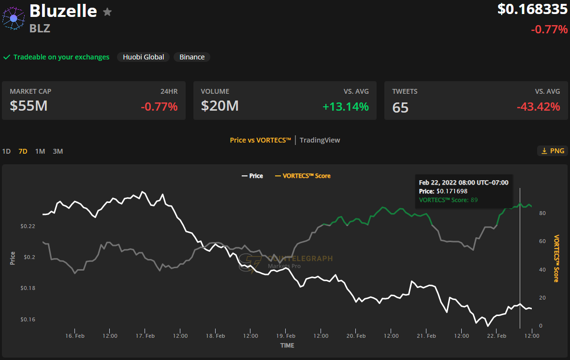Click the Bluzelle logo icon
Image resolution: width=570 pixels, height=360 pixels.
point(14,18)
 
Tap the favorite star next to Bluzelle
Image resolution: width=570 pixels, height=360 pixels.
point(107,12)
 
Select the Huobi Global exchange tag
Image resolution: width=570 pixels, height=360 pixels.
point(143,57)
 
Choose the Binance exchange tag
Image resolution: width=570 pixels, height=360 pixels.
point(192,57)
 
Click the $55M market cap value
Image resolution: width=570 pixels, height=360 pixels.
point(29,105)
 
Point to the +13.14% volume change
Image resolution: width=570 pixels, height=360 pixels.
point(346,106)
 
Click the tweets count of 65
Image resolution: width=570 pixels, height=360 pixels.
point(400,107)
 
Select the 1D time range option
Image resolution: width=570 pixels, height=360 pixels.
point(6,151)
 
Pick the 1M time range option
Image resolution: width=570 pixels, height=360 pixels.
point(40,151)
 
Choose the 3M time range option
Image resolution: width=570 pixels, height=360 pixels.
point(58,151)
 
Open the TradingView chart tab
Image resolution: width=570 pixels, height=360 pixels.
point(320,140)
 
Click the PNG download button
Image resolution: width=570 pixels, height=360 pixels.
point(552,151)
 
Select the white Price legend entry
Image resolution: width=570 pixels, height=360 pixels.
point(252,176)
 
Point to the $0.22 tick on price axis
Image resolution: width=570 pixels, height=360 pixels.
point(28,226)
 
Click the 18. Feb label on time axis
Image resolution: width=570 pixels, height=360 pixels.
point(216,336)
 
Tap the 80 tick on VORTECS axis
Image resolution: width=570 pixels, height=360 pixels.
point(542,213)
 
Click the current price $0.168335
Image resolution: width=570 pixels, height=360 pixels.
point(532,9)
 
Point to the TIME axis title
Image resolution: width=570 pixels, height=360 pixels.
point(287,346)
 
